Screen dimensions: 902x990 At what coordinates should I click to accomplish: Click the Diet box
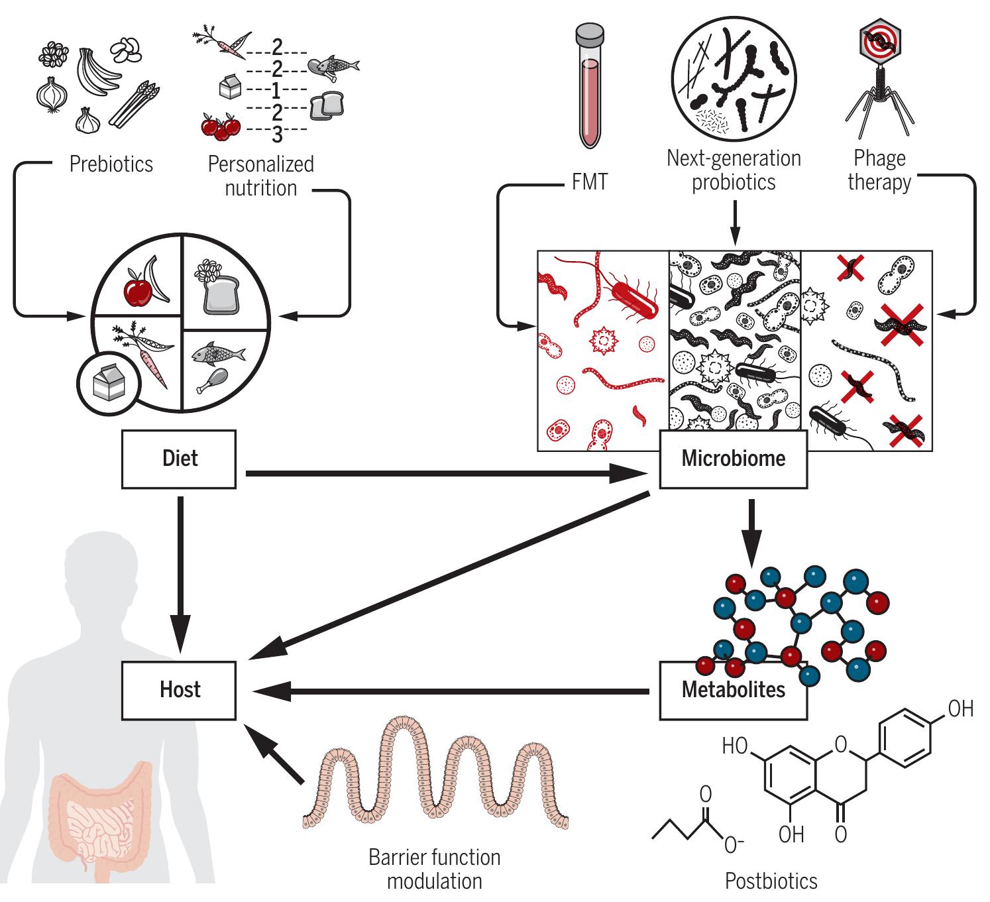click(179, 459)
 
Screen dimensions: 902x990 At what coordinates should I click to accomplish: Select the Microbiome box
click(733, 459)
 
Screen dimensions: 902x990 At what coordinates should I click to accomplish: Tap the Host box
click(179, 690)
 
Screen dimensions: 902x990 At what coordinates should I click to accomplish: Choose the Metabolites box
click(733, 690)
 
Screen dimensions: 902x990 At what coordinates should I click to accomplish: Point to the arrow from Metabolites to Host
click(451, 692)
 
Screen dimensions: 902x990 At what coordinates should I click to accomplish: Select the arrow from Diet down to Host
click(180, 570)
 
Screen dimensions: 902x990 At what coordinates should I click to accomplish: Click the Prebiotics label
click(111, 164)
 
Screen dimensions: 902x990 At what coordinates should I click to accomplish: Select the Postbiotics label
click(771, 881)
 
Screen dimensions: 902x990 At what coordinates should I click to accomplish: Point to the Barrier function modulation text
click(435, 869)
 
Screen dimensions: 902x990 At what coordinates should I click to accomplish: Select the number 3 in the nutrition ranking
click(277, 135)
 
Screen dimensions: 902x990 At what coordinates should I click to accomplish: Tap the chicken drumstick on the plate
click(213, 379)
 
